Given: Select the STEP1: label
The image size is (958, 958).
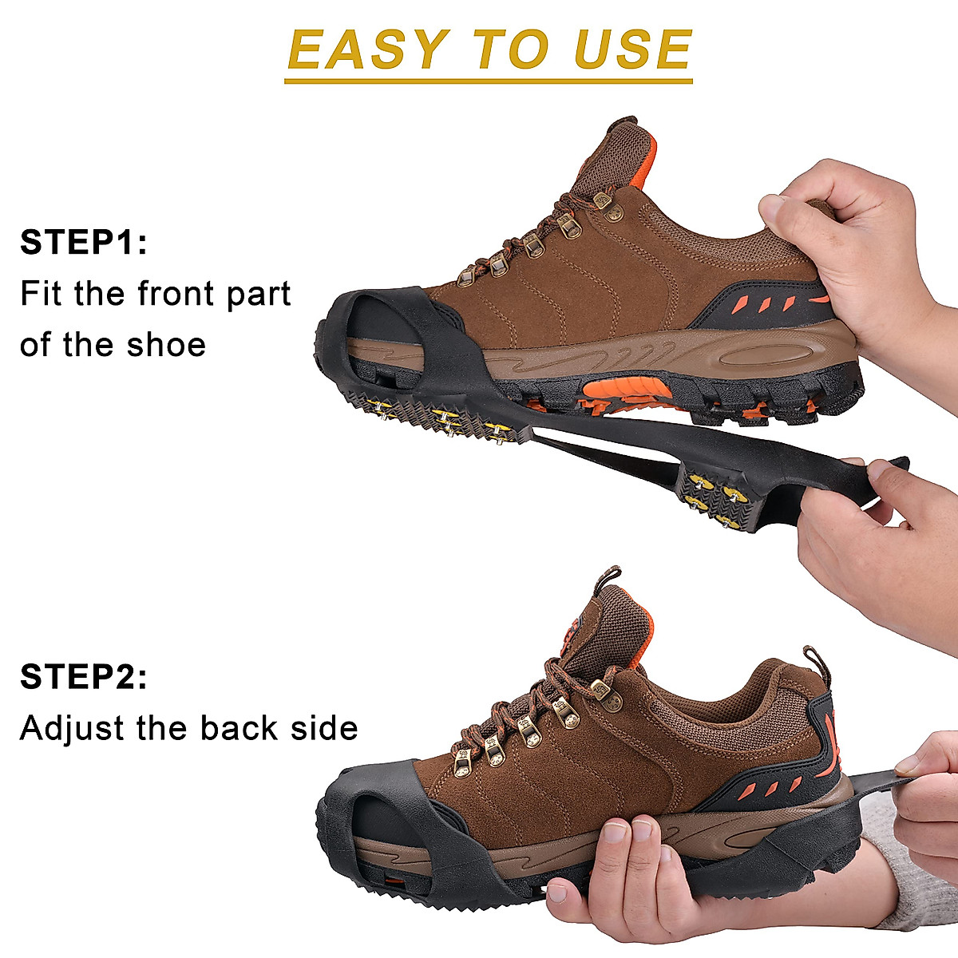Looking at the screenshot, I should pos(84,242).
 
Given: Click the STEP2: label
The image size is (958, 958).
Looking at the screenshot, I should pos(84,677).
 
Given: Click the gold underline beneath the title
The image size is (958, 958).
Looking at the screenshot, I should pos(488,81).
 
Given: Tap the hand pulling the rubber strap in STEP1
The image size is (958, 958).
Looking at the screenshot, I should pos(878,535).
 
